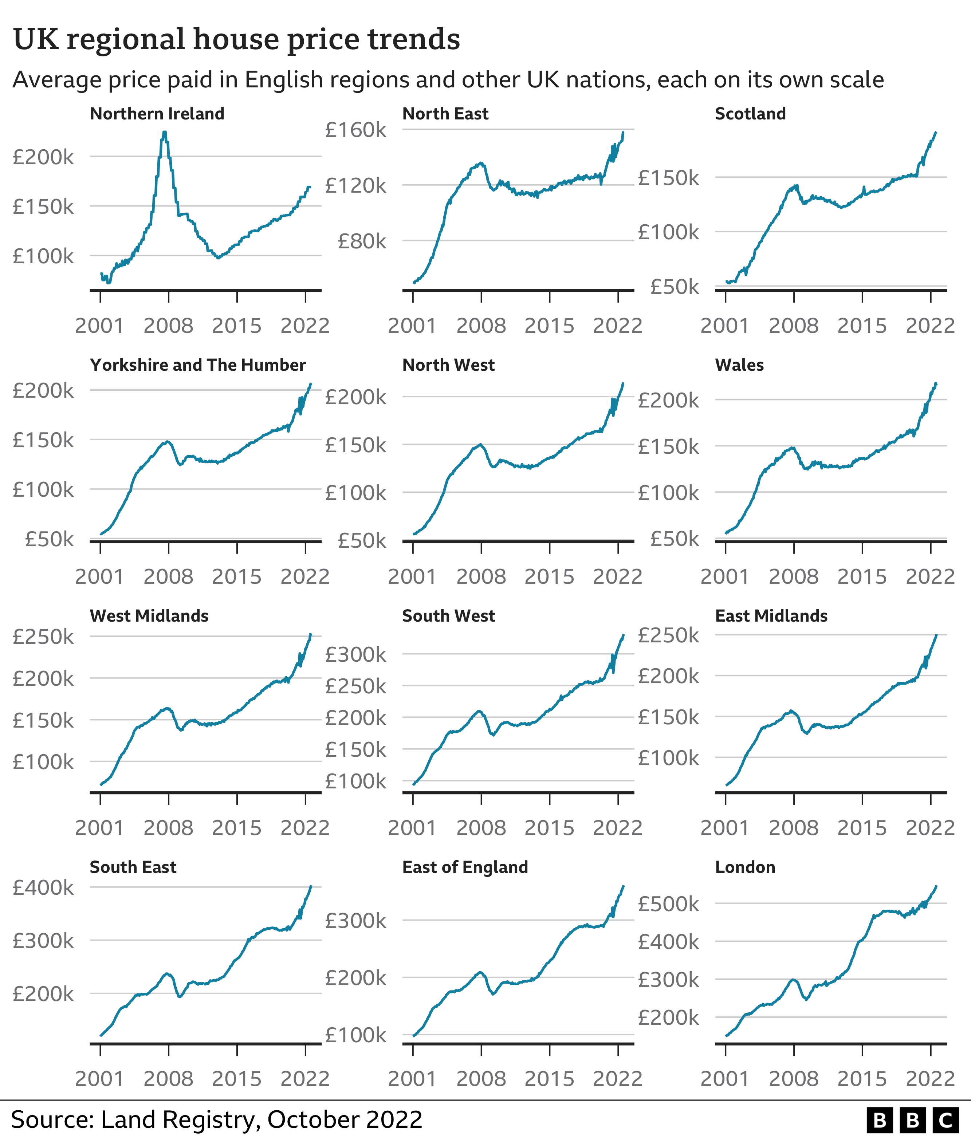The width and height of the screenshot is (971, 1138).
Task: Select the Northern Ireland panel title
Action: pyautogui.click(x=157, y=114)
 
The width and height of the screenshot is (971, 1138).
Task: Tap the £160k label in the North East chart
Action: pyautogui.click(x=355, y=130)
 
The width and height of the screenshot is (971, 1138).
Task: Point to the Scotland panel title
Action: pyautogui.click(x=750, y=114)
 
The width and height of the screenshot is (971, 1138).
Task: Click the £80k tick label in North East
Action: pyautogui.click(x=362, y=241)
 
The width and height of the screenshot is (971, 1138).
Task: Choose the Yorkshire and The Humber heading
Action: pyautogui.click(x=198, y=365)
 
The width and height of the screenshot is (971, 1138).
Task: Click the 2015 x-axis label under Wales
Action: pyautogui.click(x=862, y=577)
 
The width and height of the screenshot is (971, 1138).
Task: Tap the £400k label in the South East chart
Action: pyautogui.click(x=43, y=887)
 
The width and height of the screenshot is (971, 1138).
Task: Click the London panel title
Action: pyautogui.click(x=745, y=867)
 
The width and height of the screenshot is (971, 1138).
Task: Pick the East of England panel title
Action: pyautogui.click(x=465, y=867)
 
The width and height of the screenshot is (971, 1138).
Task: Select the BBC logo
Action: pyautogui.click(x=913, y=1121)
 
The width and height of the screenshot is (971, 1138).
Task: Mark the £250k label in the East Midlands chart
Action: pyautogui.click(x=668, y=635)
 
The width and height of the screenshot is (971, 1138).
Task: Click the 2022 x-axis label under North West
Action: pyautogui.click(x=617, y=577)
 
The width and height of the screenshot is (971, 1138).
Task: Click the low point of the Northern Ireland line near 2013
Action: pyautogui.click(x=219, y=257)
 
